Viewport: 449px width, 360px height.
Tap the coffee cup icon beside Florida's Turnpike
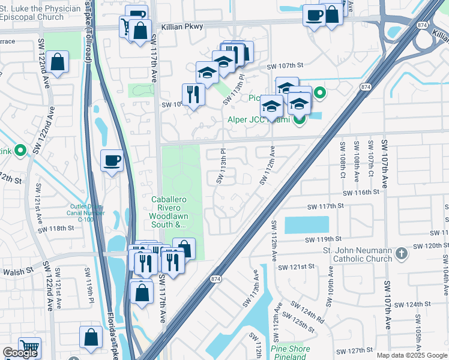tap(112, 161)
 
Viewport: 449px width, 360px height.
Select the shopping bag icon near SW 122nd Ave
tap(57, 62)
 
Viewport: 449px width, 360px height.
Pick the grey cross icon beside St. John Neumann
tap(402, 254)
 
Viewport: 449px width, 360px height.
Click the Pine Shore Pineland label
tap(291, 353)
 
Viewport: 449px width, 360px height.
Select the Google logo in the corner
tap(20, 353)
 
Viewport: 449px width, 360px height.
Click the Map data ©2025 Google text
tap(412, 355)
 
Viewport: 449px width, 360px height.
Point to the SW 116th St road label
tap(361, 193)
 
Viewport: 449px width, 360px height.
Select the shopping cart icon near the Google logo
tap(28, 347)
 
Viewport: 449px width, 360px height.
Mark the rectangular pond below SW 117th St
tap(306, 225)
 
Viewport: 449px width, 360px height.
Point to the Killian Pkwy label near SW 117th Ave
tap(182, 26)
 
